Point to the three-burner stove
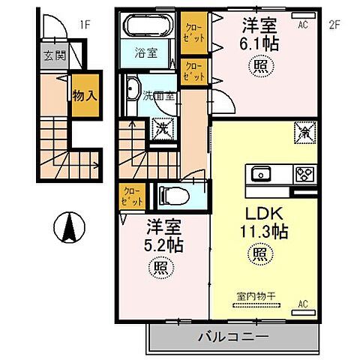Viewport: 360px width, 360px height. (x=304, y=175)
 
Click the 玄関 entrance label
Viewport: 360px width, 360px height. (x=52, y=56)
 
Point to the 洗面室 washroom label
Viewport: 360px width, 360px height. (x=160, y=95)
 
